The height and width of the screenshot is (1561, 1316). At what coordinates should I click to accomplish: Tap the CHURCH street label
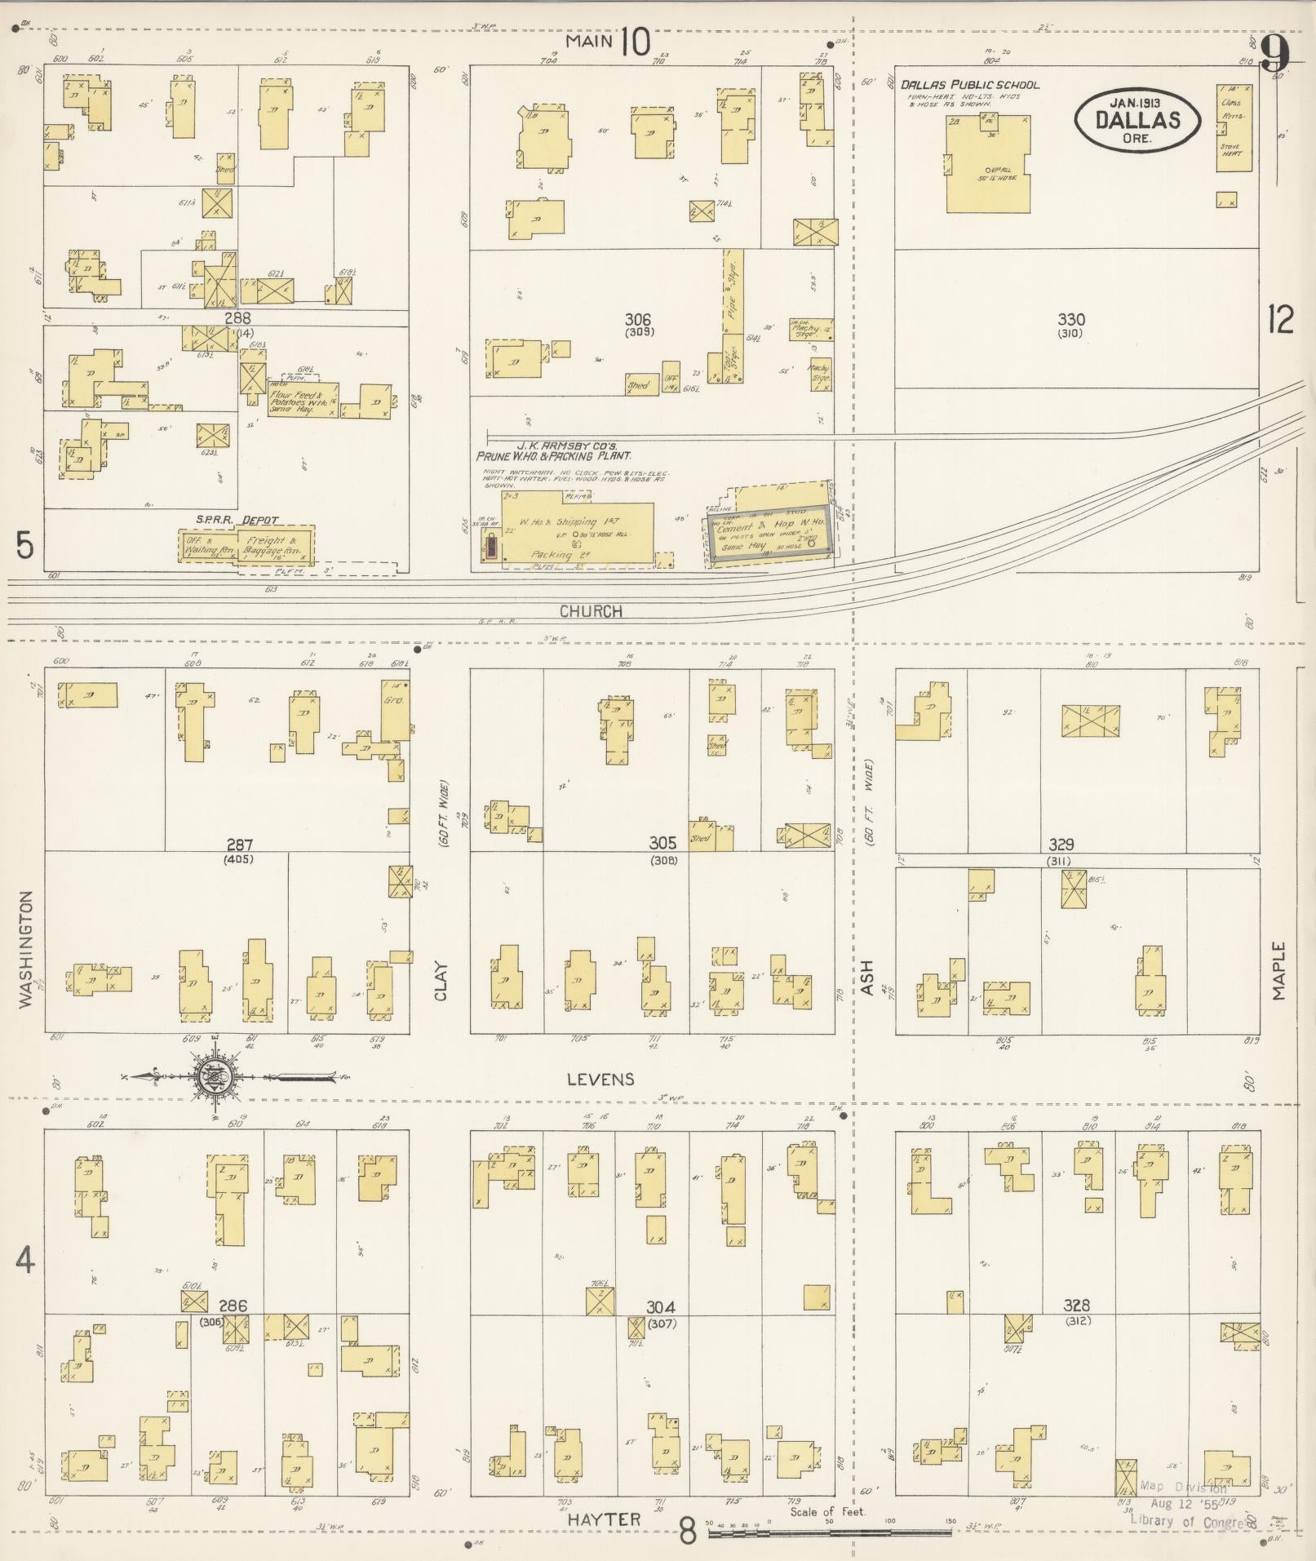click(x=592, y=611)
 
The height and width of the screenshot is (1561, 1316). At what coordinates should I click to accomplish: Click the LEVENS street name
click(x=600, y=1080)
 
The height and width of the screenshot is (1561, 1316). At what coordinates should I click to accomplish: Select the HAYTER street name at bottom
click(x=605, y=1519)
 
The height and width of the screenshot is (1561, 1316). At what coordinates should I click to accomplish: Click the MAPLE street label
click(x=1278, y=971)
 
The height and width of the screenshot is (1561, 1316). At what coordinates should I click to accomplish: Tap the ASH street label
click(x=866, y=977)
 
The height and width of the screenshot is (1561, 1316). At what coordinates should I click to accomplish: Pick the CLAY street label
click(x=441, y=980)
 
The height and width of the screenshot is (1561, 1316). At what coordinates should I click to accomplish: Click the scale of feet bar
click(x=828, y=1533)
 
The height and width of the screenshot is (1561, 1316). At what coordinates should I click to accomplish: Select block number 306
click(x=637, y=320)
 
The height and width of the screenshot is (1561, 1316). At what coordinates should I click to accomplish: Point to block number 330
click(x=1070, y=320)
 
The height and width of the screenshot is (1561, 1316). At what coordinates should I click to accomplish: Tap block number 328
click(x=1077, y=1306)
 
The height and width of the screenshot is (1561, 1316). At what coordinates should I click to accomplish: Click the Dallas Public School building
click(x=988, y=163)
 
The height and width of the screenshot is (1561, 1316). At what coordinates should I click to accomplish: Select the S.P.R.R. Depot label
click(x=237, y=520)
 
